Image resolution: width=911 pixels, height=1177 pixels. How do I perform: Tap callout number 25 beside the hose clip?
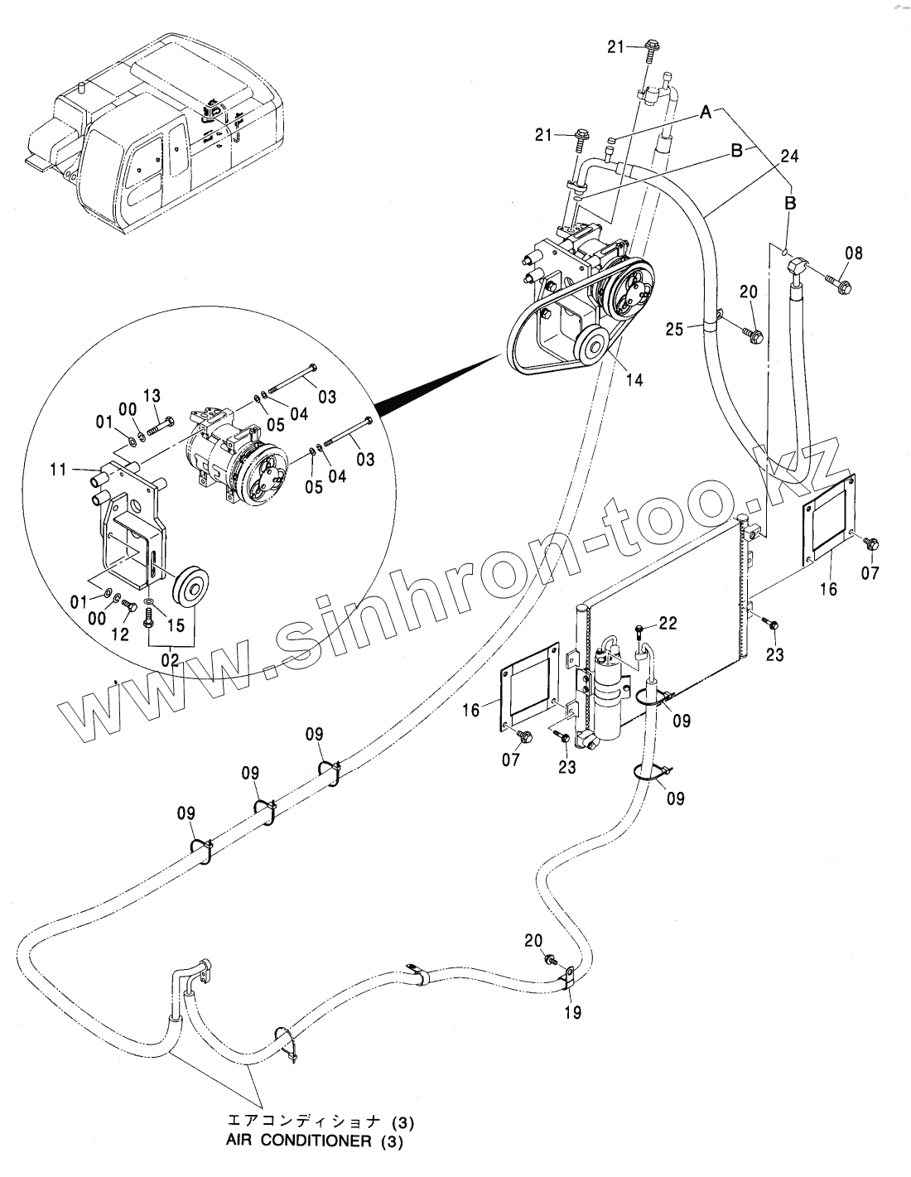click(x=675, y=330)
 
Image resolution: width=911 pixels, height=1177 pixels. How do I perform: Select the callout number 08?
click(x=853, y=253)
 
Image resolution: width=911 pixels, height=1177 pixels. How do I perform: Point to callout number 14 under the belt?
click(x=634, y=380)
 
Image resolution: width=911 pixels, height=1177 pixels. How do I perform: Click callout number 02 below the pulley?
click(x=170, y=659)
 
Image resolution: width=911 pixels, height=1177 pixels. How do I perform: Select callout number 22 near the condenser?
click(x=668, y=622)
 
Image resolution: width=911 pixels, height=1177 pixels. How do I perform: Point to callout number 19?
click(x=572, y=1011)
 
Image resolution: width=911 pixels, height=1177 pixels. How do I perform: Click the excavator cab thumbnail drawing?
click(x=157, y=124)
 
